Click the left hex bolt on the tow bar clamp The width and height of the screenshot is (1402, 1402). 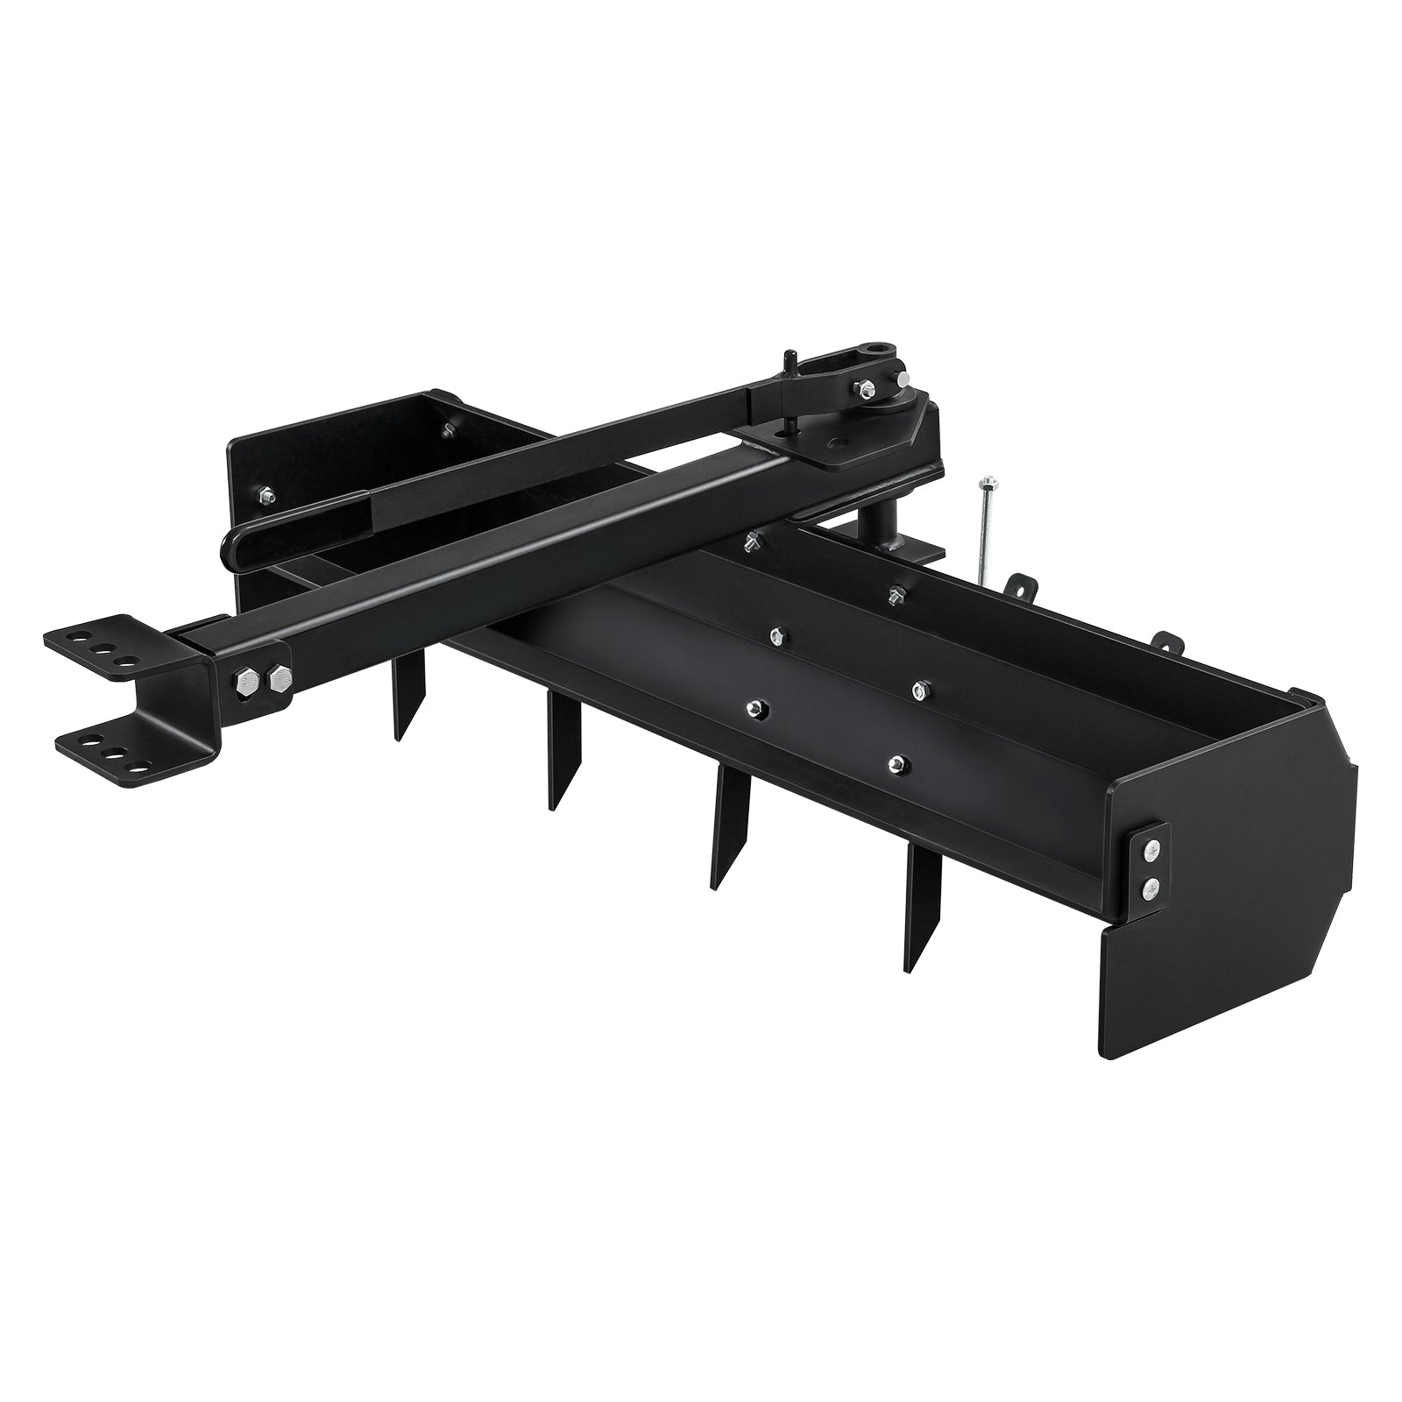(246, 679)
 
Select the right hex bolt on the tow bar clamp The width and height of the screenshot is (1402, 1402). (280, 676)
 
